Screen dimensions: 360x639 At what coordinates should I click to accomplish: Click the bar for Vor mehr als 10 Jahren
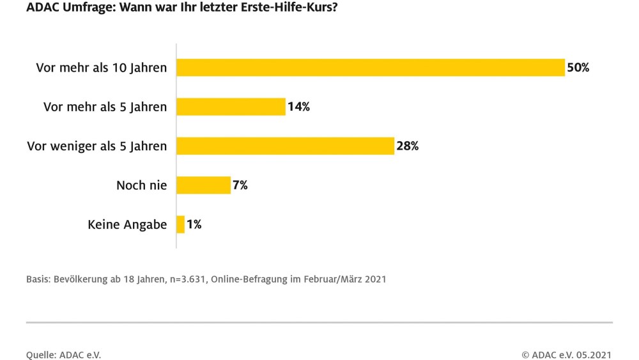coord(371,67)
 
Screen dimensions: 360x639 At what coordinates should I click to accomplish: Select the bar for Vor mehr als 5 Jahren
coord(231,107)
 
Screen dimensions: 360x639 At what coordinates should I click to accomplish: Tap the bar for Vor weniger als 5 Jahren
coord(285,146)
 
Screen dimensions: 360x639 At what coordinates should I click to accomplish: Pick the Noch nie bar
coord(203,185)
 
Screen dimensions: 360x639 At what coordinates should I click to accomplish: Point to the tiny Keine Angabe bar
coord(181,224)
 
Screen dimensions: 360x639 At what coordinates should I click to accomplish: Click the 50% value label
coord(578,67)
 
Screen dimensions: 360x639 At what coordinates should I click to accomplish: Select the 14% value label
coord(298,107)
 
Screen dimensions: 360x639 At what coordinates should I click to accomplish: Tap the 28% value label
coord(407,146)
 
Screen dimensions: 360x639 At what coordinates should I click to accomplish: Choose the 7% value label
coord(240,185)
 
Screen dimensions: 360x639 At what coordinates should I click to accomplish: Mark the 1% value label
coord(194,224)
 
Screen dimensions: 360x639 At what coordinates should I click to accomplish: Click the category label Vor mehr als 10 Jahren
coord(102,68)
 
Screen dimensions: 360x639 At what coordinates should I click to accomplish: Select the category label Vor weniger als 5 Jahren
coord(96,146)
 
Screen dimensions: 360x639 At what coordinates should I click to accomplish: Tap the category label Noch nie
coord(141,185)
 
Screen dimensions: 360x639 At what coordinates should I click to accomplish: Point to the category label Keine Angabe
coord(127,225)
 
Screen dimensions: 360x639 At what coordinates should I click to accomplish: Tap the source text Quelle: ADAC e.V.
coord(63,354)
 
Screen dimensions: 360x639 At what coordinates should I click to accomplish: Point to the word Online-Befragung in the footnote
coord(247,279)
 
